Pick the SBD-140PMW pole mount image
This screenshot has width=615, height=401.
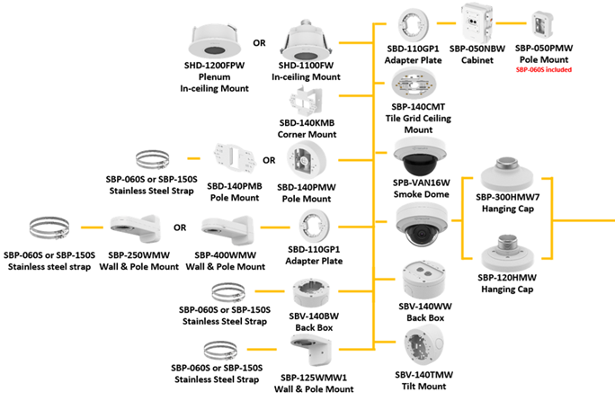(x=308, y=162)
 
